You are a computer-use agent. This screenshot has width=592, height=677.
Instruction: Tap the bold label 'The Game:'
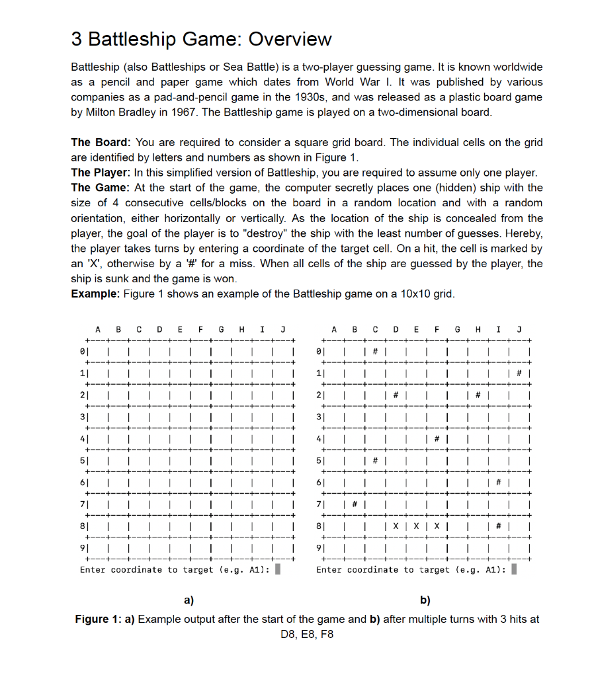(101, 188)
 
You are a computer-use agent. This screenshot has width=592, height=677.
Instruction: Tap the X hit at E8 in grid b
(415, 529)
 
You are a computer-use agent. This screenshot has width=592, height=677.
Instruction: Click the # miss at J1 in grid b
(519, 373)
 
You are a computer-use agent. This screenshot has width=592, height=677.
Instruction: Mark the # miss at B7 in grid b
(355, 505)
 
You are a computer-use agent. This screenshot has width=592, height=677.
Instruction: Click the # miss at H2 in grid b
(477, 396)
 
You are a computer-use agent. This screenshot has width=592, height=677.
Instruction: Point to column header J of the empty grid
(282, 329)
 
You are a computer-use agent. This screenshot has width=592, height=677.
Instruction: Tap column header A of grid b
(335, 329)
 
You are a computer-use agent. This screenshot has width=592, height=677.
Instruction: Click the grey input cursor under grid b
(514, 569)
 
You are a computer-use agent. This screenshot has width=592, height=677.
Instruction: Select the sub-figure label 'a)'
(189, 600)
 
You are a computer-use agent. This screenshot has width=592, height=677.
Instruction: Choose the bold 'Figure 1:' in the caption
(105, 619)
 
